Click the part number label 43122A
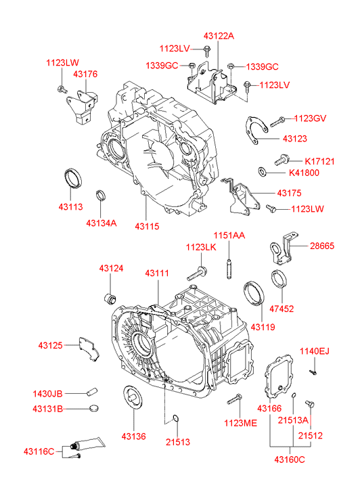(x=219, y=36)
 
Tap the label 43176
(x=85, y=74)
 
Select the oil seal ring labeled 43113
(x=73, y=179)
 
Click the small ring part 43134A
(x=100, y=196)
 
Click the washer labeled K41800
(x=262, y=172)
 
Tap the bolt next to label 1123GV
(x=277, y=122)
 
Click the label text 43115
(x=147, y=226)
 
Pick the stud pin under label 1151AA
(x=229, y=268)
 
